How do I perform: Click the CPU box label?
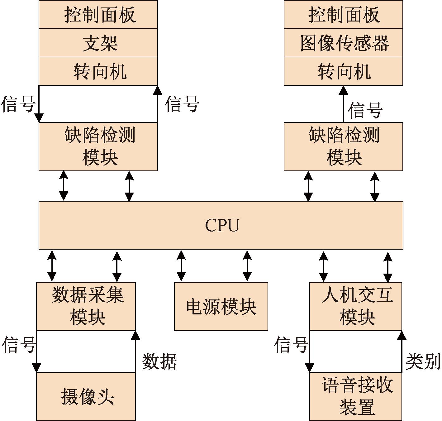pos(222,225)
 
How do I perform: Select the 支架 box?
pos(98,43)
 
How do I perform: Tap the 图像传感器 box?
pos(343,43)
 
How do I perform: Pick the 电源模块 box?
pos(221,306)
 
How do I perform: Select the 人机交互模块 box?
pos(356,306)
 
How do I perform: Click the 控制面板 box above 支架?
pos(98,15)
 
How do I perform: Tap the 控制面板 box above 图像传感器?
pos(343,15)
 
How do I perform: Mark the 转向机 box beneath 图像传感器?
pos(343,71)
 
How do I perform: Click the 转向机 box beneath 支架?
pos(98,71)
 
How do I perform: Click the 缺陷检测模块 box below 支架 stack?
pos(98,146)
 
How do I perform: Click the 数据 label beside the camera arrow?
pos(159,361)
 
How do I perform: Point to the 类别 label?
pos(423,361)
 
